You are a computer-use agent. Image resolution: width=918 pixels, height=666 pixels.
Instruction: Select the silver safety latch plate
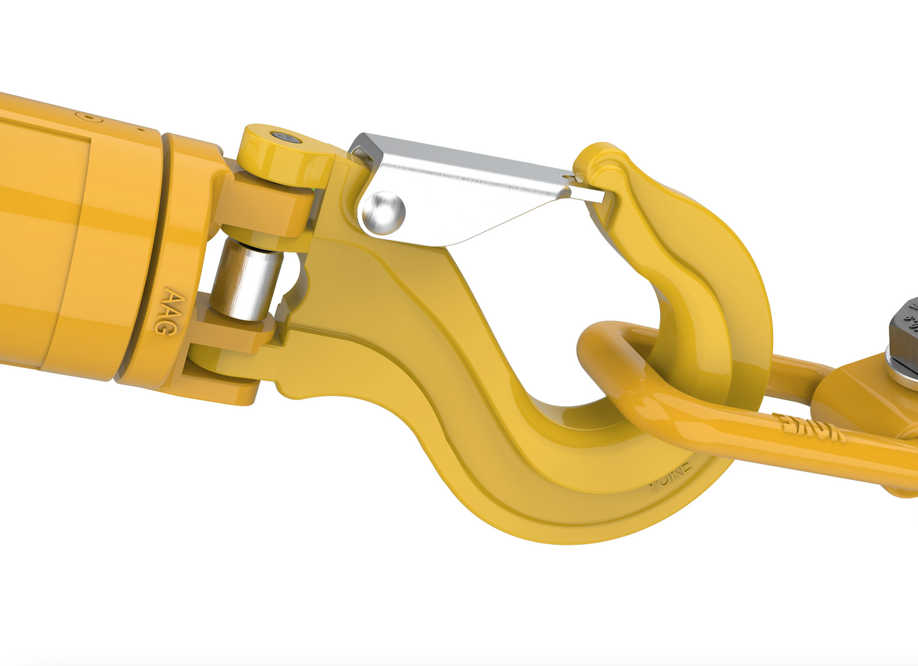pos(470,184)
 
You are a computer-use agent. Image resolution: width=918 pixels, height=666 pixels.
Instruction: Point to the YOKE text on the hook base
pos(670,479)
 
